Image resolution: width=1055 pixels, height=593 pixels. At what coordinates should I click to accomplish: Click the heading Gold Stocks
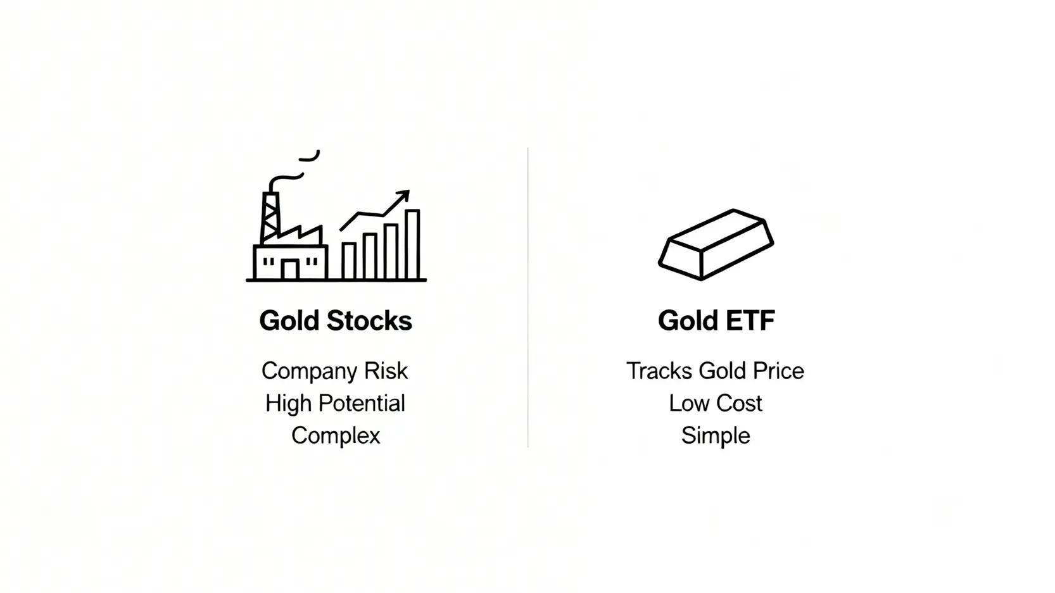coord(336,320)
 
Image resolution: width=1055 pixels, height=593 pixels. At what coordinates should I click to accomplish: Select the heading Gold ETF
coord(716,320)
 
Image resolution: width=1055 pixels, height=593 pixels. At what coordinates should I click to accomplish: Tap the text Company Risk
coord(335,371)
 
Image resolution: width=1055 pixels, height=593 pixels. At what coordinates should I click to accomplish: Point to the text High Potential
coord(336,403)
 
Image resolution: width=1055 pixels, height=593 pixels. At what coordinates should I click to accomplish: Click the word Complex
coord(336,435)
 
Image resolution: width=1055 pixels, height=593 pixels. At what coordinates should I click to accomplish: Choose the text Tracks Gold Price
coord(716,371)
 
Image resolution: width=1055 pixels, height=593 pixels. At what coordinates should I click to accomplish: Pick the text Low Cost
coord(716,403)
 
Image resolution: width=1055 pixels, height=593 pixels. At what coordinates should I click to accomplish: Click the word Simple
coord(716,435)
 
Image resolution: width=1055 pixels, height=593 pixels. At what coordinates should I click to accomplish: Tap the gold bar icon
coord(716,245)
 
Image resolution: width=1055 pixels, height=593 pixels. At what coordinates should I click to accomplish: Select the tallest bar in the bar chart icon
coord(413,244)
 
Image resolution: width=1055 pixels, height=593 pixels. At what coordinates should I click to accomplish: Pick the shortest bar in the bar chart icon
coord(348,261)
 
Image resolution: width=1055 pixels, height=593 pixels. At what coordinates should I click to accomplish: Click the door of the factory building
coord(289,269)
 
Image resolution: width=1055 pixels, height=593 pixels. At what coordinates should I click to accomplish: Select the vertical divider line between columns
coord(527,297)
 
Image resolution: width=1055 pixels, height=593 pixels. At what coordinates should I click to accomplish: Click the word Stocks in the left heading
coord(369,320)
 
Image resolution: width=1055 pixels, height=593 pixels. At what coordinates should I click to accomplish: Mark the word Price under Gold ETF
coord(778,371)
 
